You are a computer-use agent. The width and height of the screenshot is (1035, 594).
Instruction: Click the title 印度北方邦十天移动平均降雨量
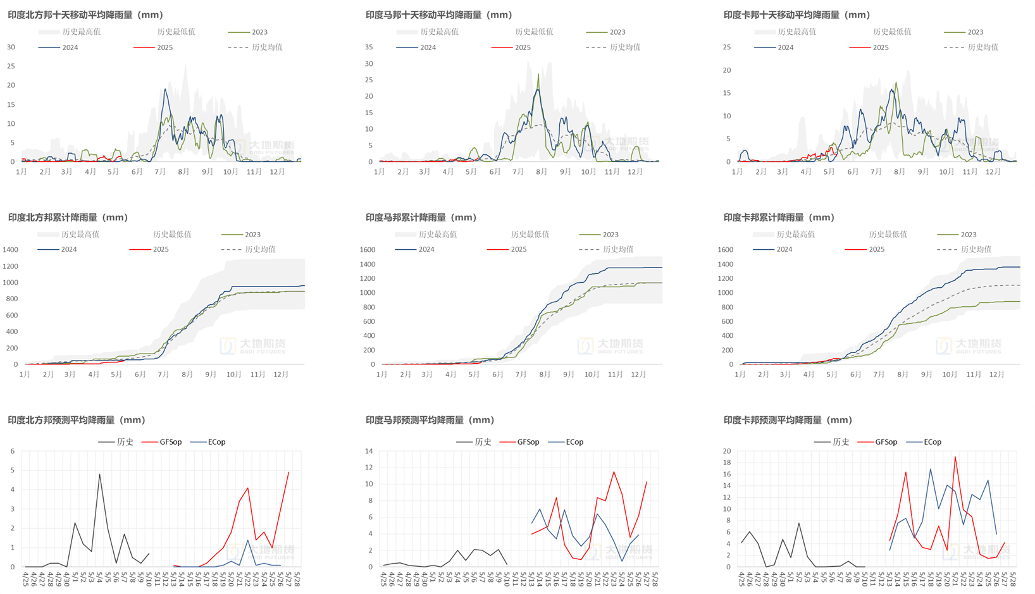[x=85, y=15]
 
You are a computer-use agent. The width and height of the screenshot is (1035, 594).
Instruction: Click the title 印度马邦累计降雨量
[x=421, y=217]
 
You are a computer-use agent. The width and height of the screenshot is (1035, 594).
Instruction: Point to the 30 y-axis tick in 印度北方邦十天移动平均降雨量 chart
[x=11, y=47]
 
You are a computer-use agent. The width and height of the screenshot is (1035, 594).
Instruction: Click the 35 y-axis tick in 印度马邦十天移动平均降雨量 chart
[x=369, y=47]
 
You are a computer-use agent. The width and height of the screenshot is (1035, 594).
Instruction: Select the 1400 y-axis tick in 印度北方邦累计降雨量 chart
[x=11, y=250]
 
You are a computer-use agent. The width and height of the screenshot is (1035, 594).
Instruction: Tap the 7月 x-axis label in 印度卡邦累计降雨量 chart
[x=879, y=374]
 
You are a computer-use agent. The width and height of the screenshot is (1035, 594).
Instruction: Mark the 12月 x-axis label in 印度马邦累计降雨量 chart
[x=638, y=374]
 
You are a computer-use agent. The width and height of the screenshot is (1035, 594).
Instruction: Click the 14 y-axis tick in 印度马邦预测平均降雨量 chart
[x=369, y=451]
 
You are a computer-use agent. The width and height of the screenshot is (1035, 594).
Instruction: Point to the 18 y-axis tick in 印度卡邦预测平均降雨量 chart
[x=727, y=463]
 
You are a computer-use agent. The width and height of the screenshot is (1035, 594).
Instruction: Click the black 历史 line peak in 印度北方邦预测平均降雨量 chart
[x=99, y=474]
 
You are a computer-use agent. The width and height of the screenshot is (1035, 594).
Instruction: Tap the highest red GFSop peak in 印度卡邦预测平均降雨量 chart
[x=955, y=457]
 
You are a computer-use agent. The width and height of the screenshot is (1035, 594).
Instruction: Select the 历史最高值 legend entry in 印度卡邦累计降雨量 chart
[x=795, y=235]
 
